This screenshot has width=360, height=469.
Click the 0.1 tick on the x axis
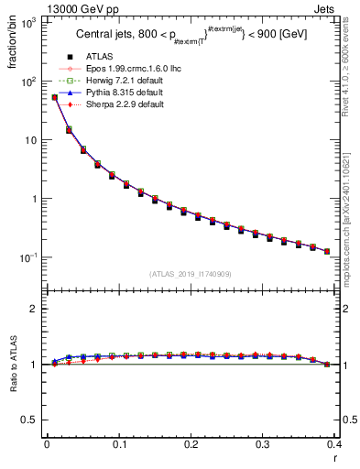click(119, 444)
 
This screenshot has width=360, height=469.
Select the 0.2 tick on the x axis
click(191, 444)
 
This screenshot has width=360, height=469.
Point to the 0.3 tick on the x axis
click(264, 444)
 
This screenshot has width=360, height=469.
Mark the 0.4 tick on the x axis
click(335, 444)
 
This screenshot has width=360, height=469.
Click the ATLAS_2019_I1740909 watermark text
click(191, 274)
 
